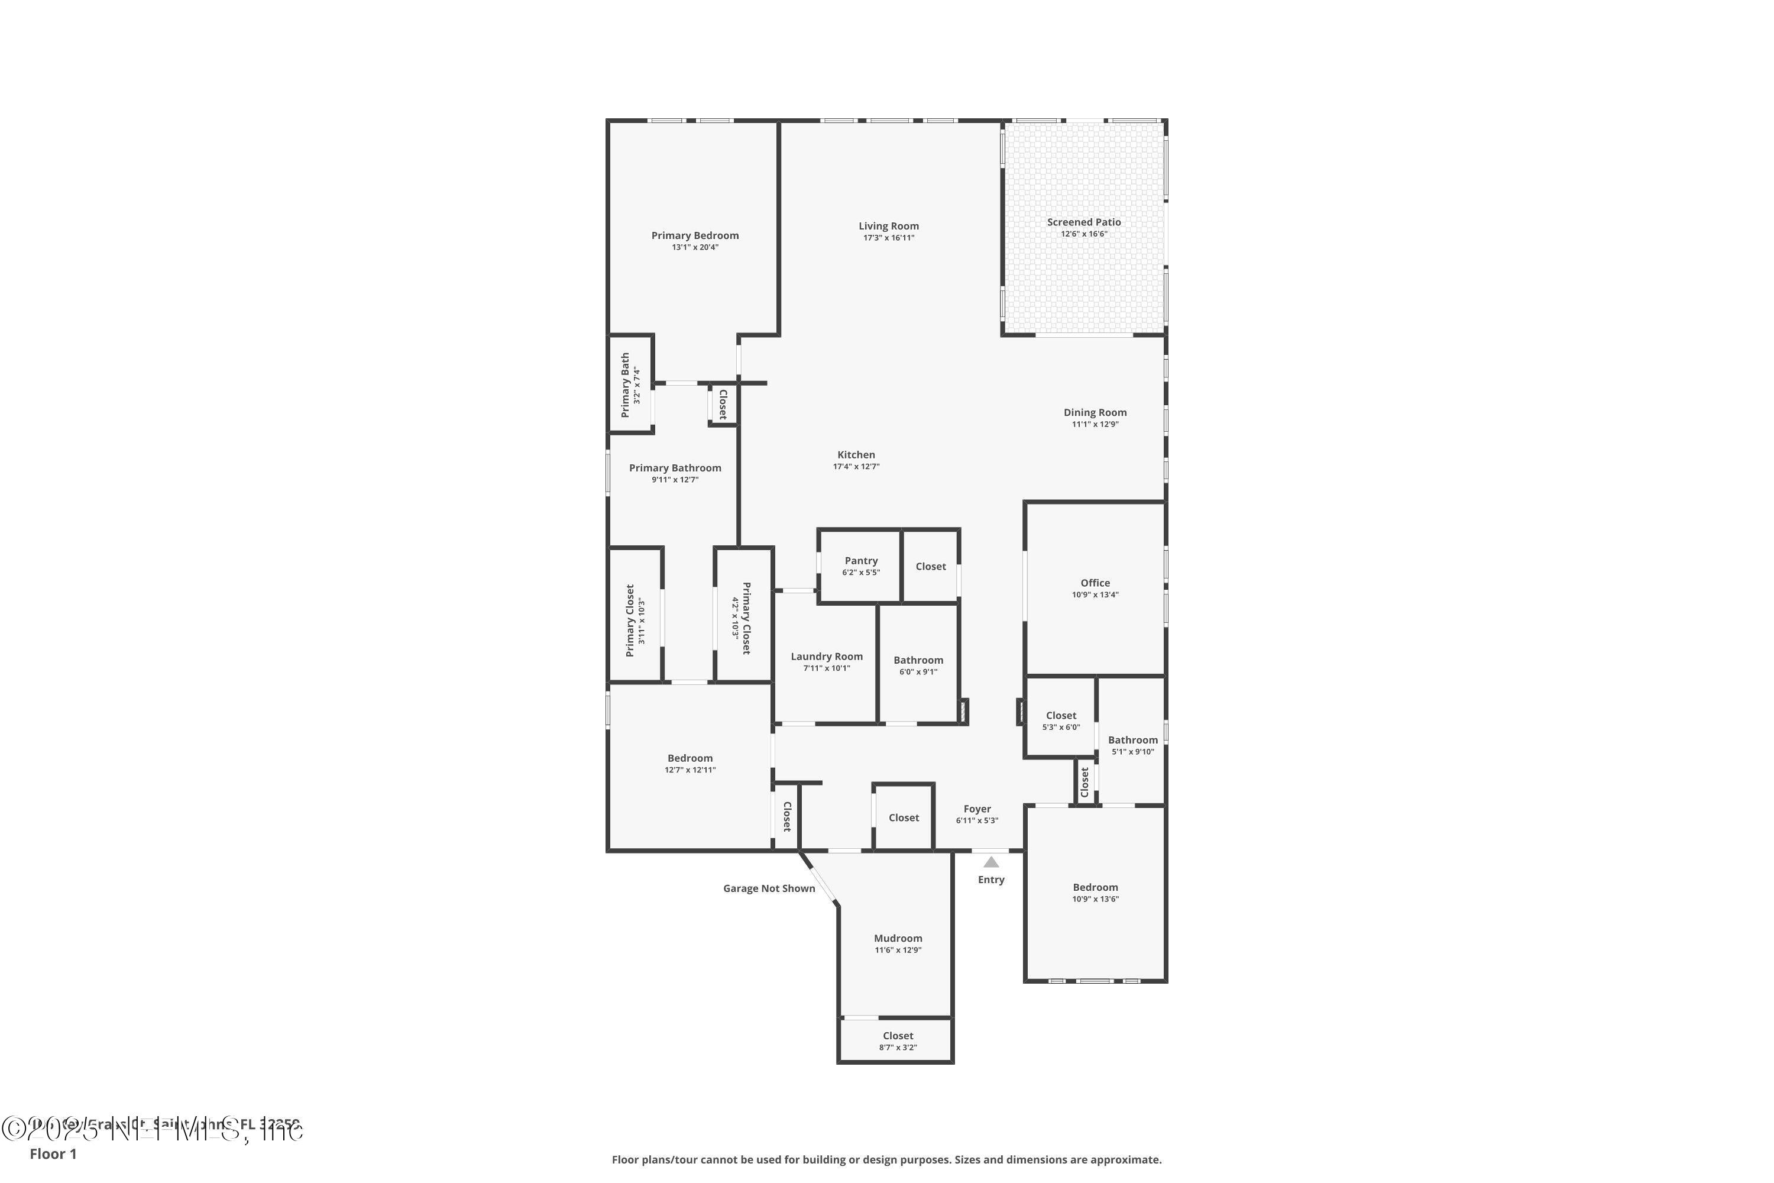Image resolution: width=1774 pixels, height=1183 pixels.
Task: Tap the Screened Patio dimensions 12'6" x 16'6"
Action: [x=1084, y=234]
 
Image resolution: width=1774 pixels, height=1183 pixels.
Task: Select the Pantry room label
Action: [x=860, y=561]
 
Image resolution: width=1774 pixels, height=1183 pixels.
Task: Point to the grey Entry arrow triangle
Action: [x=991, y=862]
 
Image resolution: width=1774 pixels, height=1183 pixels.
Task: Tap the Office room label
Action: [x=1095, y=583]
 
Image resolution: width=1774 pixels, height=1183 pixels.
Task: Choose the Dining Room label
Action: [x=1095, y=413]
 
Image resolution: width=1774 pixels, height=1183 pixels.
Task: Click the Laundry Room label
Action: [x=827, y=657]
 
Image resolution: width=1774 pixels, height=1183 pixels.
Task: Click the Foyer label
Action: [x=977, y=809]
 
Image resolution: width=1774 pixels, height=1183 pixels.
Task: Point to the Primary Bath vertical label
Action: [x=625, y=385]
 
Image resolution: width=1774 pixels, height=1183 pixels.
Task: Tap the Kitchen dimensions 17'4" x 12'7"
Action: [x=856, y=466]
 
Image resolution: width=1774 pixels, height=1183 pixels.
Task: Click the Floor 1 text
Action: [x=53, y=1153]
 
